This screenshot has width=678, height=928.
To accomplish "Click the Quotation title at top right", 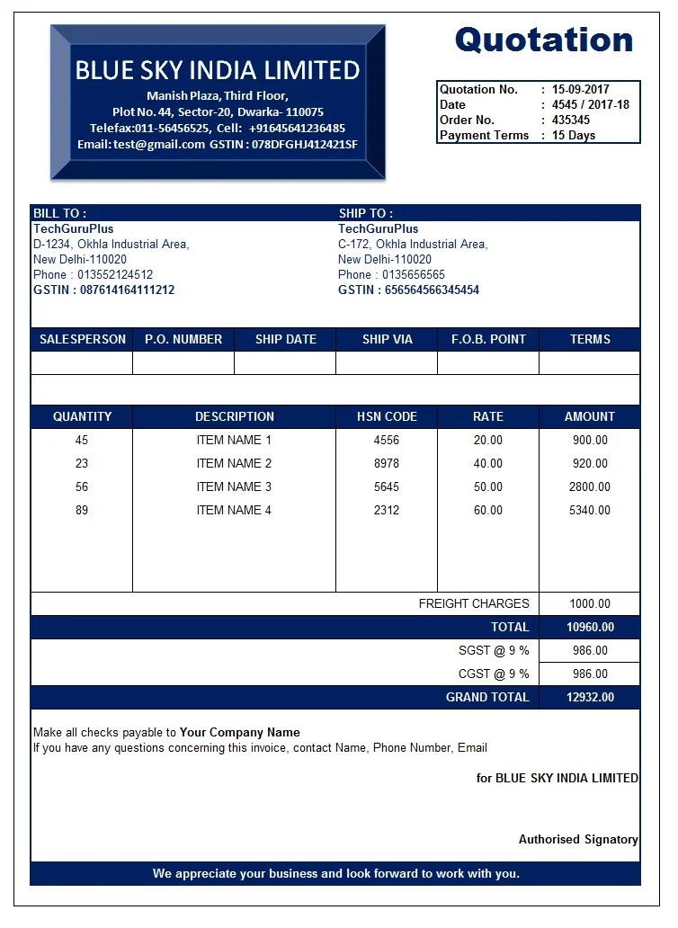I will (x=544, y=40).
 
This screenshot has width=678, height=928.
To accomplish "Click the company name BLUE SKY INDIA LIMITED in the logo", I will (x=218, y=70).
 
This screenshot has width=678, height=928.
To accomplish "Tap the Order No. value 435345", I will (x=571, y=120).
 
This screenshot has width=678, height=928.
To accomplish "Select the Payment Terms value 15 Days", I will (x=574, y=136).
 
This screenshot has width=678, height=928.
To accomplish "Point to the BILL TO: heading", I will (x=59, y=214).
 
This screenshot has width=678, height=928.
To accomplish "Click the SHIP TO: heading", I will (x=366, y=214).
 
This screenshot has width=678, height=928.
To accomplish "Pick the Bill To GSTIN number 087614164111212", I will (x=127, y=290).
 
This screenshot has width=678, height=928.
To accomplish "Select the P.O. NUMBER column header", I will (x=183, y=340).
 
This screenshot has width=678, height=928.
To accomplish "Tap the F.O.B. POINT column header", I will (x=488, y=340).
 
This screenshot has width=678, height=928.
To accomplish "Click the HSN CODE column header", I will (x=387, y=417).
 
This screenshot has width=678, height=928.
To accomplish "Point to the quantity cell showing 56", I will (x=82, y=487).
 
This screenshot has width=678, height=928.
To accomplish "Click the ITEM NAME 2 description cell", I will (x=234, y=464).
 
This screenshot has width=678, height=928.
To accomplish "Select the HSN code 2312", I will (x=387, y=511).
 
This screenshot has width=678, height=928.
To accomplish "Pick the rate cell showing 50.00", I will (x=488, y=487).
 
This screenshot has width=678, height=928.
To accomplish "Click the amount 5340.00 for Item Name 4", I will (x=590, y=511).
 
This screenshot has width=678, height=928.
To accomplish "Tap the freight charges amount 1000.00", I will (x=590, y=604).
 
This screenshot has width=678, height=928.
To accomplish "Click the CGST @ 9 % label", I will (x=494, y=674).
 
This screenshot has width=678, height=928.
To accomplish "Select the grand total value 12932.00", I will (x=590, y=698).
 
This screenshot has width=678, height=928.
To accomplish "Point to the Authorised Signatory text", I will (x=578, y=840).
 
